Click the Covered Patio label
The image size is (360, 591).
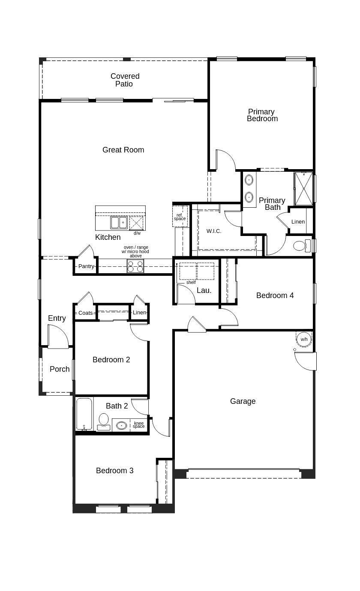125,80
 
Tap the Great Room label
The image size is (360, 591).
123,150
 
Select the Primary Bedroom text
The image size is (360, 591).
262,115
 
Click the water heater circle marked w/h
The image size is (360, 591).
304,339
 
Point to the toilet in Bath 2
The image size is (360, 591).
104,421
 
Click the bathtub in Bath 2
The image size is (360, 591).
84,414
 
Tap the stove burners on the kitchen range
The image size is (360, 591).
135,266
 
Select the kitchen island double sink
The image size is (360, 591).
119,223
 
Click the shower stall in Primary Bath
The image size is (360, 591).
303,188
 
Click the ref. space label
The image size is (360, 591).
180,217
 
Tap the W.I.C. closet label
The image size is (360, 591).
214,231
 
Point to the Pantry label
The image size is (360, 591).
86,266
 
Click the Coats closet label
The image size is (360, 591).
86,313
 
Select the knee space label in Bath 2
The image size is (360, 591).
139,425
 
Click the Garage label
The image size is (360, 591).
243,401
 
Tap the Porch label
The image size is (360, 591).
60,369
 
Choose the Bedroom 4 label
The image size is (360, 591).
275,295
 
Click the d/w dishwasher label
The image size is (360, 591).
137,233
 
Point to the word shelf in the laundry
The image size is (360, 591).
191,282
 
